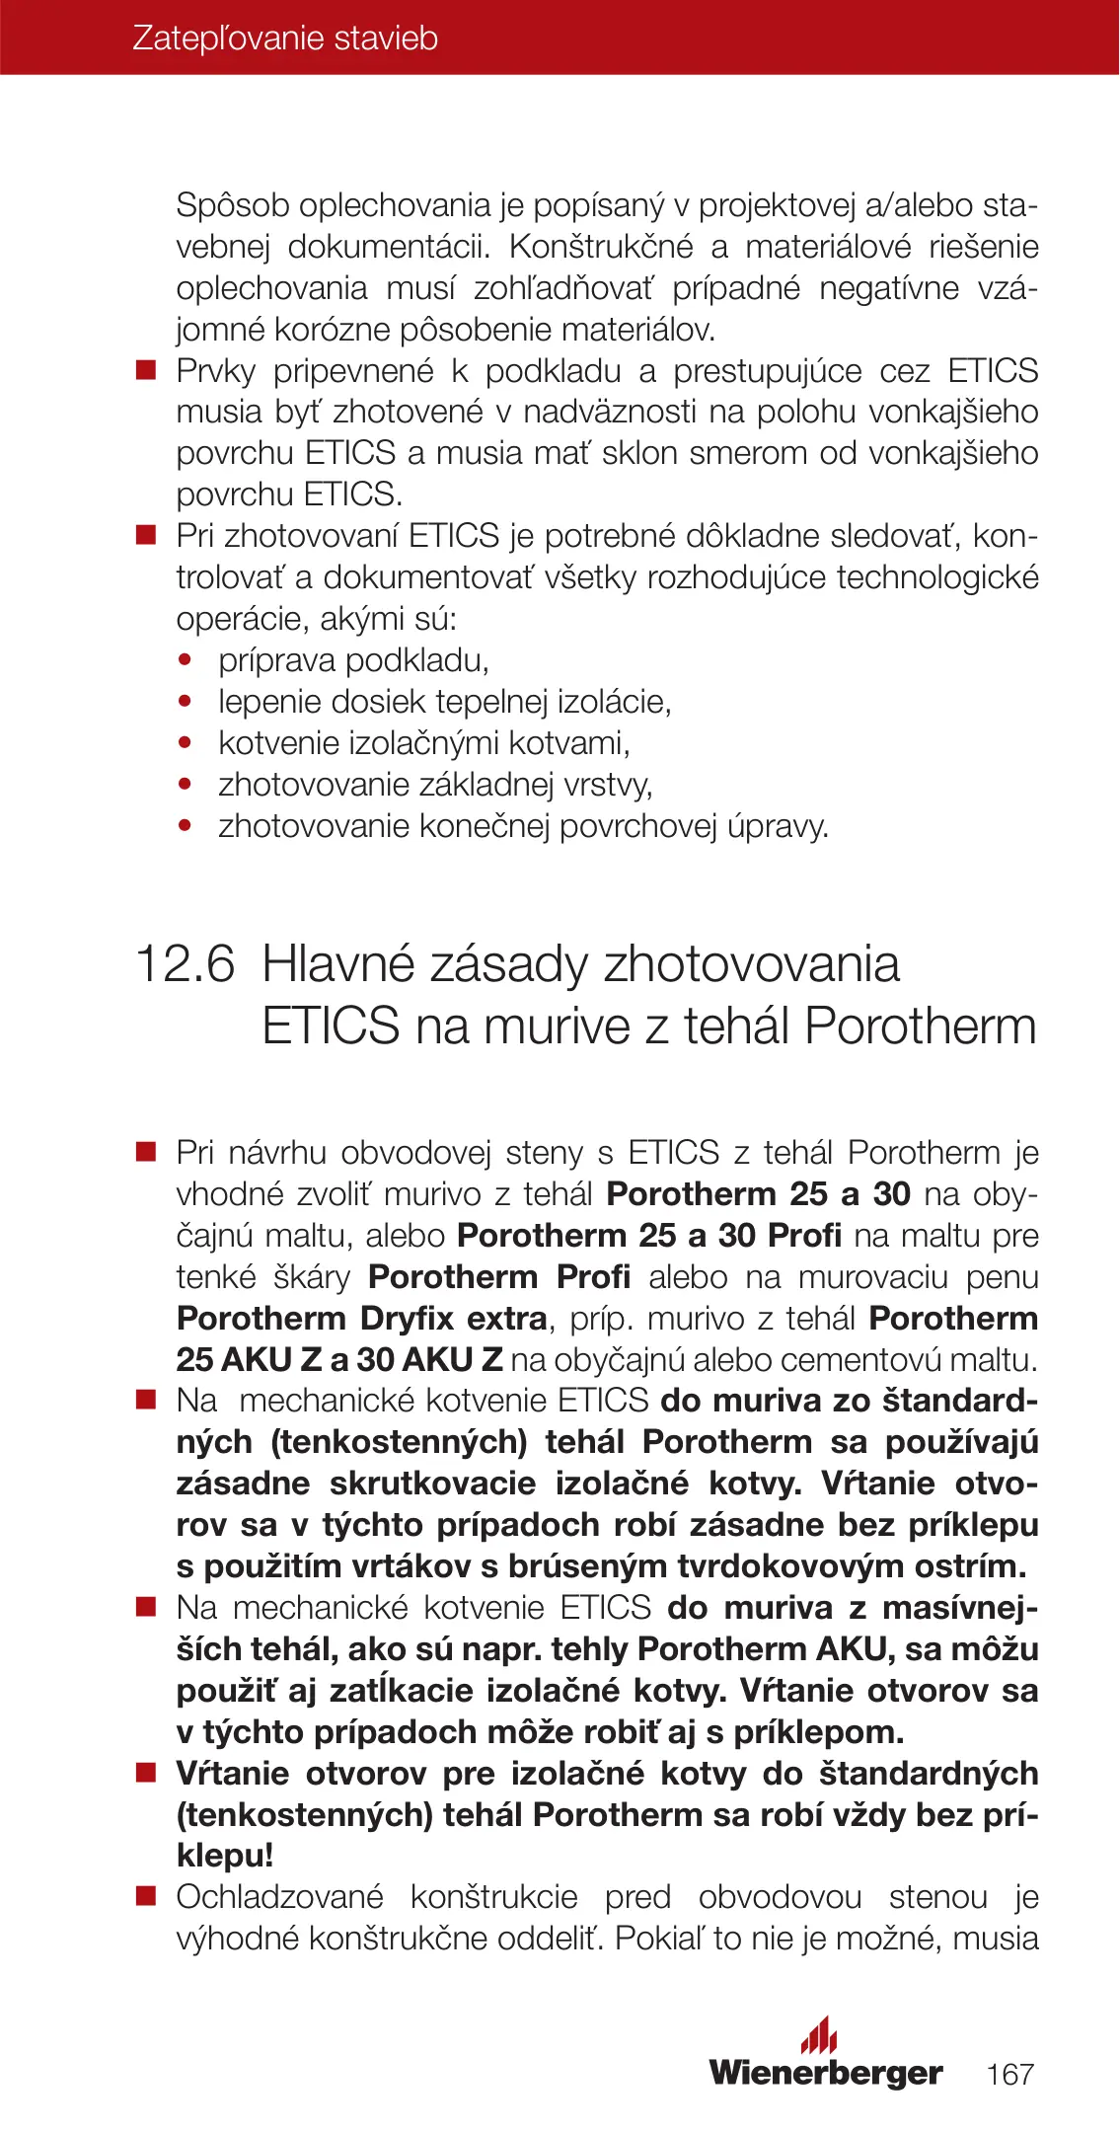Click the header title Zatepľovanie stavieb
[285, 38]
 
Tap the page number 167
[1009, 2074]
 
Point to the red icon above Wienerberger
[819, 2034]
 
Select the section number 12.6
[185, 963]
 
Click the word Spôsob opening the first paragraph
[234, 205]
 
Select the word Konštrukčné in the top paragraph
[601, 247]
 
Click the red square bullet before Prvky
[146, 371]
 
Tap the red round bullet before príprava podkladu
[185, 660]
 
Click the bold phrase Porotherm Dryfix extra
[361, 1318]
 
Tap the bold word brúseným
[591, 1566]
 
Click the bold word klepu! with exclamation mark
[224, 1856]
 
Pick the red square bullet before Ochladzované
[146, 1897]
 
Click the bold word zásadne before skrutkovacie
[243, 1484]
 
